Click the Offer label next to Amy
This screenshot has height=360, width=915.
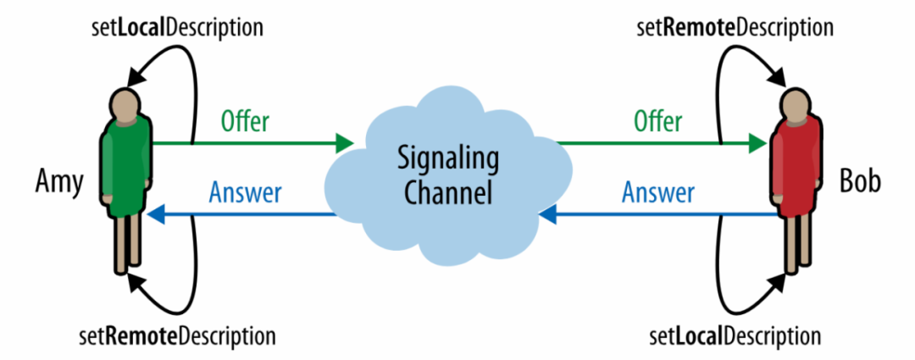245,122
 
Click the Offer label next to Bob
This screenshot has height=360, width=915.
657,122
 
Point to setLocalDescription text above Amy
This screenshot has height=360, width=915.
176,26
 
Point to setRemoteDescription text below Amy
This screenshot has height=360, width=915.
176,337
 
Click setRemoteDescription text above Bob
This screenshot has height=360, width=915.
735,26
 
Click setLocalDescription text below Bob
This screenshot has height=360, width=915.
735,337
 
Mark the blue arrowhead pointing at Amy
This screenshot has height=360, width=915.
154,217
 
